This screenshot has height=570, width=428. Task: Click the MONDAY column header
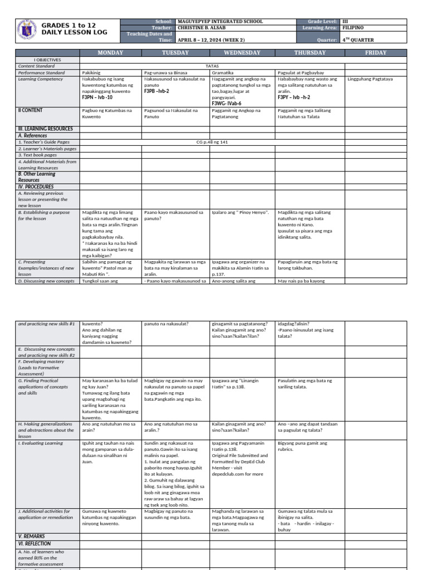[x=110, y=53]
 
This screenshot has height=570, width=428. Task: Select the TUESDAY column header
[x=176, y=53]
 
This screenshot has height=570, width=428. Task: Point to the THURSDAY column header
[x=310, y=53]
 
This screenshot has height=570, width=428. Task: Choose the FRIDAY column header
[x=375, y=53]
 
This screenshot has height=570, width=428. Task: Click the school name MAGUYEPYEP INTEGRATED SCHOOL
[x=220, y=21]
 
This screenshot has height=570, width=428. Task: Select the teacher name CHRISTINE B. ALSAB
[x=205, y=27]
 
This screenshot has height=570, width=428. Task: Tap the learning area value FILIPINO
[x=353, y=27]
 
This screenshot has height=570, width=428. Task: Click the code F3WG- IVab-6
[x=226, y=103]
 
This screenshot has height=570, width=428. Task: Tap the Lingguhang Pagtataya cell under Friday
[x=370, y=79]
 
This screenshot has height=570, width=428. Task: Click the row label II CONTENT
[x=31, y=110]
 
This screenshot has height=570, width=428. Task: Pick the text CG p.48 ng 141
[x=211, y=142]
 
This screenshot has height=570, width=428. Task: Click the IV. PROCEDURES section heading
[x=36, y=187]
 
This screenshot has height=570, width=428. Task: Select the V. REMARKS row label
[x=32, y=536]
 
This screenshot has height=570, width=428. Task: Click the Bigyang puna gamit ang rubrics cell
[x=303, y=446]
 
